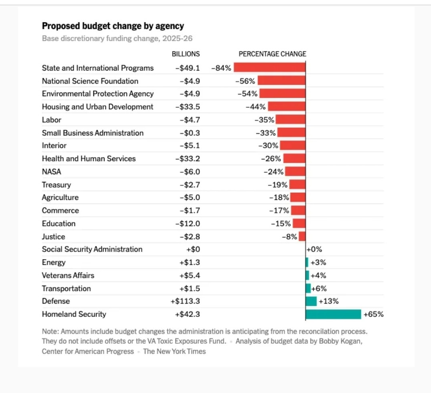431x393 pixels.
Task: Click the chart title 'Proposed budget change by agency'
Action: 113,26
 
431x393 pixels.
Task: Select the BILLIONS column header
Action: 185,54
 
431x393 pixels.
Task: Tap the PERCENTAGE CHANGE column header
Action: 272,54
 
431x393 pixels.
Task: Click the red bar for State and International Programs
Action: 270,68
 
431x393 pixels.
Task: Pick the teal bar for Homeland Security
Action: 333,314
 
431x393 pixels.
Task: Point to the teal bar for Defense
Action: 311,301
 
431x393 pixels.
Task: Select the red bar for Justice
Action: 302,236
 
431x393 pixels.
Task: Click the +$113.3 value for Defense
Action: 185,301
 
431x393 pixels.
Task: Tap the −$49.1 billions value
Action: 187,68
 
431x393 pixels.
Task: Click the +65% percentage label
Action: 373,314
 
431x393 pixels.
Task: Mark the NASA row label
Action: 52,171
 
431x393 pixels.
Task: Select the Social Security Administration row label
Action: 92,249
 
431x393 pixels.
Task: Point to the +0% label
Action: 314,249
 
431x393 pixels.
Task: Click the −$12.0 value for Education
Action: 187,224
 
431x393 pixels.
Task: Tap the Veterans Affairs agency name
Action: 68,276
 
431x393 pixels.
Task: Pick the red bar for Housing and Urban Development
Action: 287,107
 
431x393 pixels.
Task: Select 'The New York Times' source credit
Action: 174,351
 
